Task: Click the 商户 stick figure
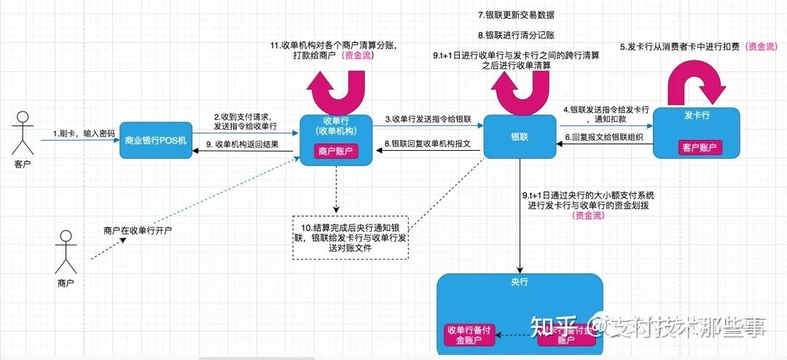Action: [66, 251]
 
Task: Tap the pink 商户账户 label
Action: [337, 151]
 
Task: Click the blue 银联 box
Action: [520, 136]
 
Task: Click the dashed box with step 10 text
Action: [350, 237]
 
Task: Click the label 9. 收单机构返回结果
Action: [243, 144]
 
